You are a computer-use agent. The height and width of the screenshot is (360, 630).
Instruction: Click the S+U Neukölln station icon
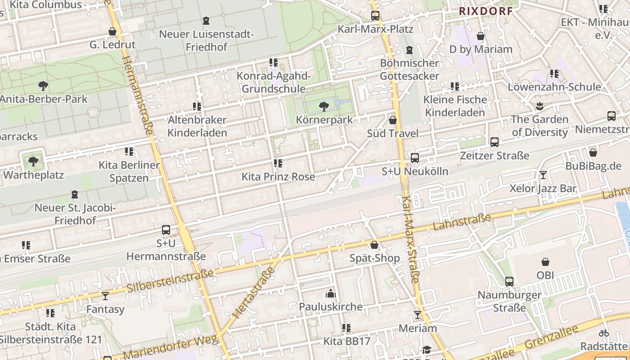[414, 158]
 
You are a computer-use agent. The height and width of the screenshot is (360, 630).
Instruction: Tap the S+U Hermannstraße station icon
[166, 230]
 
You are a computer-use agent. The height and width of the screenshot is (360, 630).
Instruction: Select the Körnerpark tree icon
[324, 107]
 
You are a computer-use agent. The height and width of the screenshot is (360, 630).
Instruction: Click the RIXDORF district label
[486, 11]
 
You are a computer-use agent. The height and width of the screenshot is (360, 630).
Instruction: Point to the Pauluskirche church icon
[331, 294]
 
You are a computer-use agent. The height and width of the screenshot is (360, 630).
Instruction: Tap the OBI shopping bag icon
[545, 262]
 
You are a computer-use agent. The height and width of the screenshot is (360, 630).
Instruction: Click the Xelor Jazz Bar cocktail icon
[543, 175]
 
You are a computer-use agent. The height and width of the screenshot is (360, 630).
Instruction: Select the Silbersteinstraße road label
[170, 280]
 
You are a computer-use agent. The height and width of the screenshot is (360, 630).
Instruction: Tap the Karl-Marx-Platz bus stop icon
[375, 16]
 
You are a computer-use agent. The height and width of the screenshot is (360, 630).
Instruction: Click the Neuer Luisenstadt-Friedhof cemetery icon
[206, 21]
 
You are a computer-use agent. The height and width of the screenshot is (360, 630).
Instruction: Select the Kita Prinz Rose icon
[278, 163]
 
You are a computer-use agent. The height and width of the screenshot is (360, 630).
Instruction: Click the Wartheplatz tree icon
[33, 161]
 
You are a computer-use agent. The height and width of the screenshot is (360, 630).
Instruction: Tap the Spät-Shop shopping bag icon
[374, 245]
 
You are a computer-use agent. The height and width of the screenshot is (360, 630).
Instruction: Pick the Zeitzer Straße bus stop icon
[495, 143]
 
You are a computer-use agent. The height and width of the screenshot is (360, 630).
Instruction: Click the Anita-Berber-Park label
[44, 99]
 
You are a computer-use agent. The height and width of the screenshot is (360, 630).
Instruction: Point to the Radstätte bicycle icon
[604, 333]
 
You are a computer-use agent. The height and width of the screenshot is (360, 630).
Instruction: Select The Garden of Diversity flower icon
[540, 106]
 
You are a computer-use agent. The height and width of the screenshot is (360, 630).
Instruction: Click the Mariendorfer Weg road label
[171, 347]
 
